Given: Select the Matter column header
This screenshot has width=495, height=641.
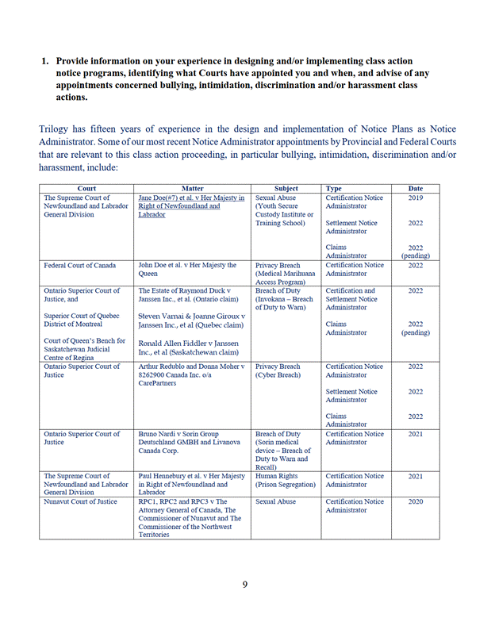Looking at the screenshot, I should point(193,189).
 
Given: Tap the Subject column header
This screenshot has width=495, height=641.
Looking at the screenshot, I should point(286,189).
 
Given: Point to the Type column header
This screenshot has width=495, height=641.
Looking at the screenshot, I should point(334,189).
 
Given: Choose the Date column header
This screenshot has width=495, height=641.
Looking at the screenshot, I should point(416,189).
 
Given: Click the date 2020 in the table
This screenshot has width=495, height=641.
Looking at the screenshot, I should point(416,502).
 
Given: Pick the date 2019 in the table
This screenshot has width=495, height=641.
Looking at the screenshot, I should point(416,198).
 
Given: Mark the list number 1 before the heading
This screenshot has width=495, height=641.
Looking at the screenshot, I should point(45,60).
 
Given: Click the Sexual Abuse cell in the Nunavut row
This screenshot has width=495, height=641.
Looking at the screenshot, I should point(278,502).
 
